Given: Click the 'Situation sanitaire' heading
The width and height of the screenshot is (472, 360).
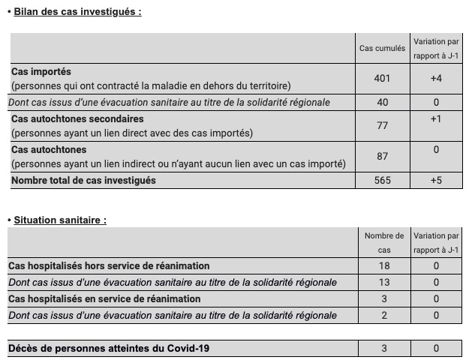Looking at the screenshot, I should [x=60, y=220].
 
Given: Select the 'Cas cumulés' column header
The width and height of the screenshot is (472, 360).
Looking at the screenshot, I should [x=382, y=48].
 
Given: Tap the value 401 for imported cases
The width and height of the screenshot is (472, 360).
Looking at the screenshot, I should [x=382, y=78].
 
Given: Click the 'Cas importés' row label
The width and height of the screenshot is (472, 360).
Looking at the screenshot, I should [x=41, y=72].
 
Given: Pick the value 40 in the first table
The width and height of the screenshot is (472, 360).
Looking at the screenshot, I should [x=382, y=102].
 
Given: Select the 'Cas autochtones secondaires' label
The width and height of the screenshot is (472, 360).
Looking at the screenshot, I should [x=77, y=118].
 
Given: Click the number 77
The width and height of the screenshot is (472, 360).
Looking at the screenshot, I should [x=382, y=125].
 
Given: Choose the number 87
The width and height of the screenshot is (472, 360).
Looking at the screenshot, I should [x=382, y=157].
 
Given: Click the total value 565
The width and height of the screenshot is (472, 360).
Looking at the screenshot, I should [x=382, y=180].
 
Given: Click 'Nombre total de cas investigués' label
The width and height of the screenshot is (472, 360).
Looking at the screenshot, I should [x=83, y=180].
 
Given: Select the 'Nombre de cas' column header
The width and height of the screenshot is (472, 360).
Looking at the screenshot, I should [x=383, y=242].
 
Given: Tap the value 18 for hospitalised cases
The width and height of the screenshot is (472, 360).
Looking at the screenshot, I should [x=383, y=266].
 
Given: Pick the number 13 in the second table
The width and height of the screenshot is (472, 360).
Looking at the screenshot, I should [x=383, y=282].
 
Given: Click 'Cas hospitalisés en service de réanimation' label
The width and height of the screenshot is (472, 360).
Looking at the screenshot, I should [x=104, y=298].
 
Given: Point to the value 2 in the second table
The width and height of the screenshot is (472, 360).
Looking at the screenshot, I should [x=383, y=315].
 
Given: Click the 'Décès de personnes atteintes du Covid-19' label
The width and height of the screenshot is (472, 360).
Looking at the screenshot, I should [x=107, y=348].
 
